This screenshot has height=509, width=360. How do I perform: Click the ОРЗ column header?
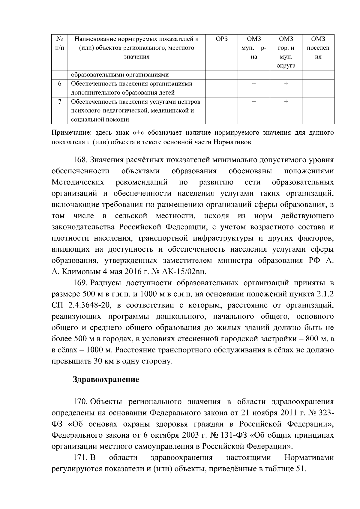[x=222, y=39]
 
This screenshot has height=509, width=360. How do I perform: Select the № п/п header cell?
[x=59, y=43]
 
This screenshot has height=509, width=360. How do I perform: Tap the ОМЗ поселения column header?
[x=318, y=48]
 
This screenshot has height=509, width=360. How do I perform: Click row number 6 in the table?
[x=59, y=84]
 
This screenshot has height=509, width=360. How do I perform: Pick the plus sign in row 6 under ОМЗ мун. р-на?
[x=254, y=84]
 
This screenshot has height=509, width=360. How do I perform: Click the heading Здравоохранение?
[x=106, y=380]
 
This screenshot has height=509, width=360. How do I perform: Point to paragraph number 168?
[x=80, y=160]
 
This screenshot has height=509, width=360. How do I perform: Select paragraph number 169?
[x=80, y=283]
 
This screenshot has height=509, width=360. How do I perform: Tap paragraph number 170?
[x=80, y=402]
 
